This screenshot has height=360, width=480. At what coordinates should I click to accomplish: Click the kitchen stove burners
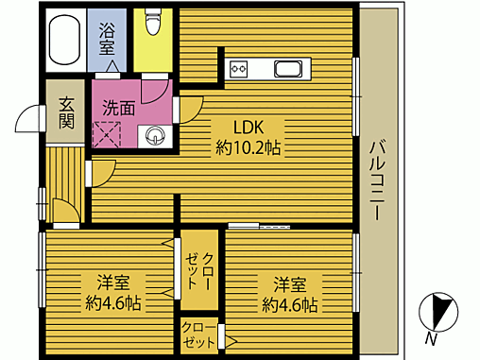point(237,68)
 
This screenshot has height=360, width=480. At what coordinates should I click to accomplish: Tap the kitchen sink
point(288,68)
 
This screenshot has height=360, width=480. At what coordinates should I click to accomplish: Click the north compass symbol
point(437,309)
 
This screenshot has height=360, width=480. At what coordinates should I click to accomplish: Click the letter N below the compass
point(431,338)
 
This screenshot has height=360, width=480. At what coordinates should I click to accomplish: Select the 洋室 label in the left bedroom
point(111,283)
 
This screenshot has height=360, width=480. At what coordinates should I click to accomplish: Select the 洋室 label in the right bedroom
point(290,283)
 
